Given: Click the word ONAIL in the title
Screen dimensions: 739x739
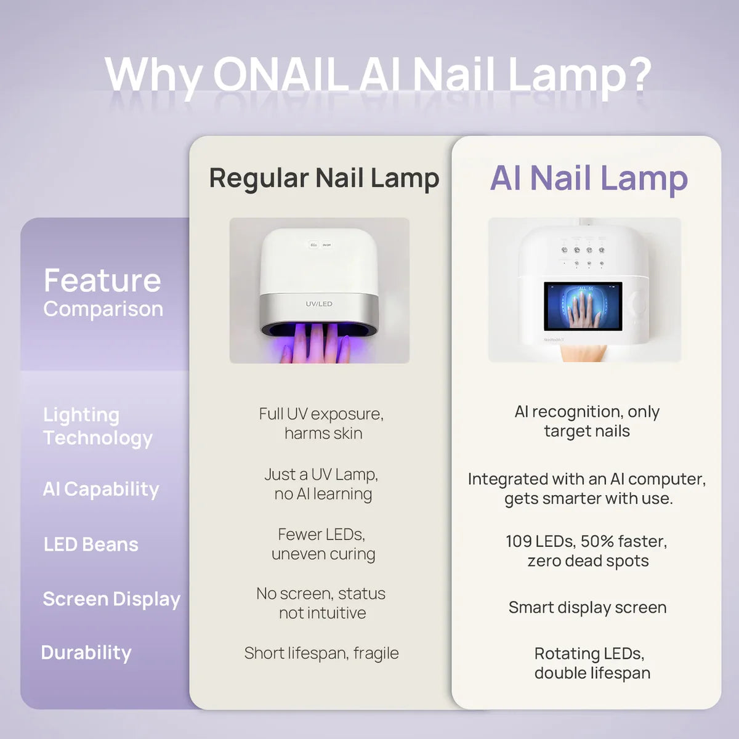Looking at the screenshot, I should [x=280, y=75].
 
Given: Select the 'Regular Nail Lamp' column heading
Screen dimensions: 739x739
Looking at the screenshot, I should [x=324, y=178].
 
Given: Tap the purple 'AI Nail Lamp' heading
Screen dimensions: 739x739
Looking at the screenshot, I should [x=589, y=178].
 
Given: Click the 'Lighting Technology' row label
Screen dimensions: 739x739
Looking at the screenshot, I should [x=97, y=426].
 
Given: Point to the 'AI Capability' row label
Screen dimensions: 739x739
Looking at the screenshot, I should [x=101, y=489].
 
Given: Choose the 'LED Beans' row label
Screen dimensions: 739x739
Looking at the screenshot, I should [x=91, y=544].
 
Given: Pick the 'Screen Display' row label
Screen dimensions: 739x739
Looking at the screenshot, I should [x=111, y=599].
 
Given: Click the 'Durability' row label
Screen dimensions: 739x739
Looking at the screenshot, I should [x=86, y=653].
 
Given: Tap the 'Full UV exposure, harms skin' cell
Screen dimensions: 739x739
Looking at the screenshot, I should [x=321, y=423].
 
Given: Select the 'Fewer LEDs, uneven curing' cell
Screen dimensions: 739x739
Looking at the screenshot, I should [x=323, y=544].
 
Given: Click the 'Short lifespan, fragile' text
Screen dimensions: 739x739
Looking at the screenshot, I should [x=321, y=653].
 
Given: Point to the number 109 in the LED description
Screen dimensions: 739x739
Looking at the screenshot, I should [x=519, y=541].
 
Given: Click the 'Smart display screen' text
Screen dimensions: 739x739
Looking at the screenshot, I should [x=588, y=608].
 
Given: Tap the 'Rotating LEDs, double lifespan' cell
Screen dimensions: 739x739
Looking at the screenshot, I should [x=591, y=663].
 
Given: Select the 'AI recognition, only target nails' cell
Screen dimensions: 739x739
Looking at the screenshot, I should [x=587, y=421].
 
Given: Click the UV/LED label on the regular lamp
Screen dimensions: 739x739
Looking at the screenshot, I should [x=319, y=304].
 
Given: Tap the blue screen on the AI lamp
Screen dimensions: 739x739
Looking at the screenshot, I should [x=583, y=306].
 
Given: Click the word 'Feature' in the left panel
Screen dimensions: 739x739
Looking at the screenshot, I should [x=102, y=281].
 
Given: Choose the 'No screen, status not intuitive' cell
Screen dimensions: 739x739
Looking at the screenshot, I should [x=321, y=604].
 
